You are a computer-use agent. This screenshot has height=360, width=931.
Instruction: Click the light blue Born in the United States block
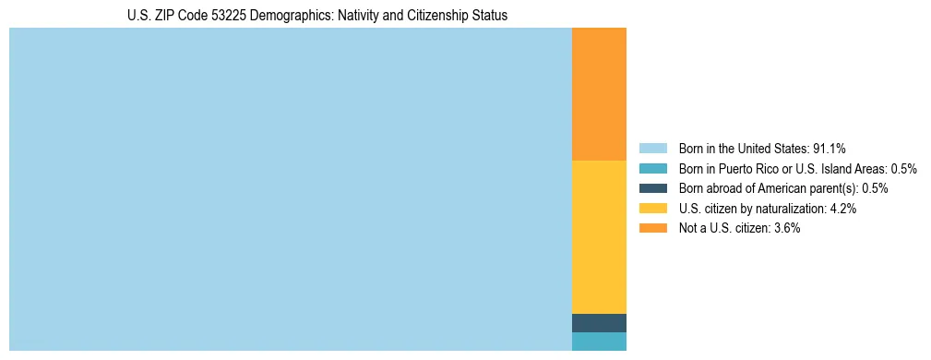click(291, 189)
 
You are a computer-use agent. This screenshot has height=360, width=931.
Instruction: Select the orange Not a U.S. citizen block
click(599, 94)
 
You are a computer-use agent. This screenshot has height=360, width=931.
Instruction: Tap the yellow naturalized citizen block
click(599, 237)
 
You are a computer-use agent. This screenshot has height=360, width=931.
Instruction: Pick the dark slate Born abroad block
click(599, 323)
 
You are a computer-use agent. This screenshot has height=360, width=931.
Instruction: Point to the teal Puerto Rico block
click(599, 342)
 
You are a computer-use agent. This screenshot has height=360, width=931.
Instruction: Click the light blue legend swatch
click(652, 149)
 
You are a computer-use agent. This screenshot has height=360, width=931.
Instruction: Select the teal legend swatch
click(652, 169)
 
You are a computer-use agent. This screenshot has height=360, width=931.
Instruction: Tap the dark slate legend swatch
click(652, 188)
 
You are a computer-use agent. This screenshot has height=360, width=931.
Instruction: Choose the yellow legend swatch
click(652, 209)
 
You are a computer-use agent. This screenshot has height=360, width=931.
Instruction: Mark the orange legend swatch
click(652, 228)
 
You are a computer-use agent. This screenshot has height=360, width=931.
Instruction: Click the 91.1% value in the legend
click(830, 149)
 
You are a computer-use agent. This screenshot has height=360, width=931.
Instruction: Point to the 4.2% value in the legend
click(843, 209)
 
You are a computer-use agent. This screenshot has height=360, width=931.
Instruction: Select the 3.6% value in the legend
click(786, 228)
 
